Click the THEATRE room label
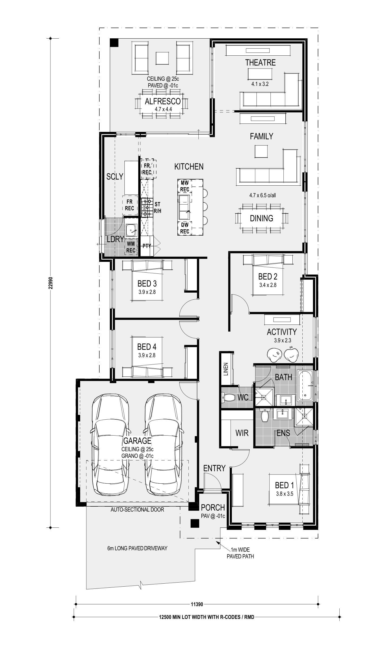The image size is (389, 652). point(260,63)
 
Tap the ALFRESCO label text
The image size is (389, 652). point(163,101)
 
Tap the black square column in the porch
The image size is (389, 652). point(195,523)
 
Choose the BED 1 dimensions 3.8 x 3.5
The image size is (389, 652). point(284,494)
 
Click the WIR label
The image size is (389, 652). point(242,433)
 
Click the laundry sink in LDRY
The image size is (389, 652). point(131,230)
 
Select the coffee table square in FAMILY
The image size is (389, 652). point(261,152)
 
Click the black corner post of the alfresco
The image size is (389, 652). point(114,43)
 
